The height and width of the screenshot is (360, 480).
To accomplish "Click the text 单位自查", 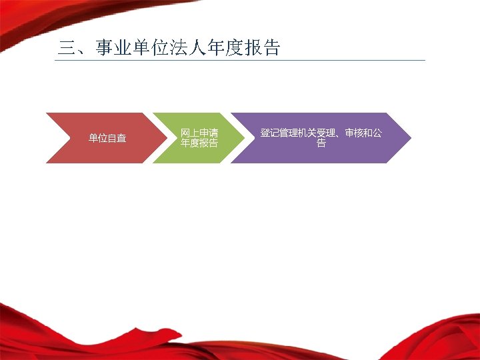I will [x=107, y=139].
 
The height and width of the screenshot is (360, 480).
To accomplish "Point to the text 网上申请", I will [x=199, y=133].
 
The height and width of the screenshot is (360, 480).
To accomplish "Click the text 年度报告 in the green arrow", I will [x=199, y=143].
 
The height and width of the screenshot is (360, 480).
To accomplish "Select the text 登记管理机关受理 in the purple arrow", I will [x=298, y=133].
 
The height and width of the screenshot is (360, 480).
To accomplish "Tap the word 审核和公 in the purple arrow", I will [x=363, y=133].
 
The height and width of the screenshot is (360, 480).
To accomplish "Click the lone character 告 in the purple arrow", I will [x=321, y=143].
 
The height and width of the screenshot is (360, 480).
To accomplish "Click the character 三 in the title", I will [x=67, y=49].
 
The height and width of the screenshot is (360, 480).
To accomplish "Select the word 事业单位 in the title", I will [x=132, y=49].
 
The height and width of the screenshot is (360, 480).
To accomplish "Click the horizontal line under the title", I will [x=240, y=60].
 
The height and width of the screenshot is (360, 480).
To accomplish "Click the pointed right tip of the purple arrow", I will [x=409, y=138].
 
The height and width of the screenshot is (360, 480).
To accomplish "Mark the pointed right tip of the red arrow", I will [x=165, y=138].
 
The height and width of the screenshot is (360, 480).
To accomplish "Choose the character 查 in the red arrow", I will [x=121, y=139].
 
